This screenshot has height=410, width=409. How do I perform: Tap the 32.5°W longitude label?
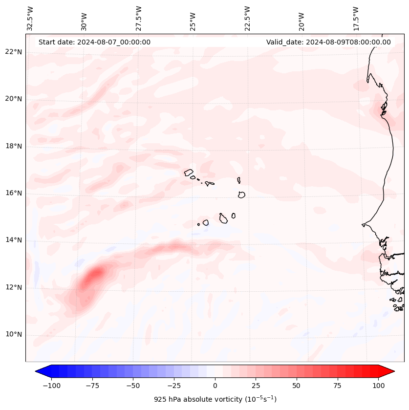tap(30, 18)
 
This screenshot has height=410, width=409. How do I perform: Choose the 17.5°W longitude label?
tap(356, 18)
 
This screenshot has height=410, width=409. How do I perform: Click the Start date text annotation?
tap(94, 42)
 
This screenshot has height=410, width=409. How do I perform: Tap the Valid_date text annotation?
tap(328, 42)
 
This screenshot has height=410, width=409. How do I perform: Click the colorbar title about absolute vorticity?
tap(215, 399)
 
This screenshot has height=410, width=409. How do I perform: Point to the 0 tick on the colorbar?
tap(215, 386)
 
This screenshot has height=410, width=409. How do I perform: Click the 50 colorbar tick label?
tap(296, 386)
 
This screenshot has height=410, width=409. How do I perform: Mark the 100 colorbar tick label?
tap(378, 386)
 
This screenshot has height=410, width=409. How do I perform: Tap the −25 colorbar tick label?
tap(174, 386)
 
